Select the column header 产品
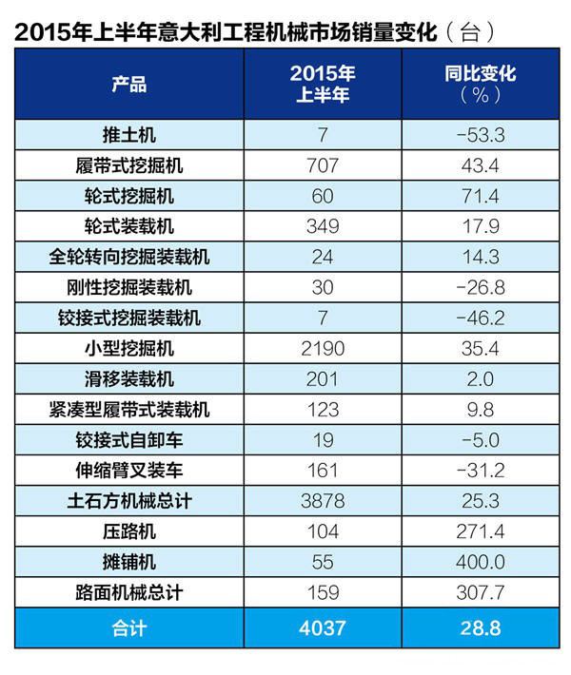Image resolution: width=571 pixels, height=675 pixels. [128, 85]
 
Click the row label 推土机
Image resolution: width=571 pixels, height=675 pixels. [128, 134]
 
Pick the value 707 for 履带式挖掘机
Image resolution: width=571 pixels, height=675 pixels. [324, 165]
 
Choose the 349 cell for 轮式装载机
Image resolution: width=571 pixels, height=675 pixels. [324, 226]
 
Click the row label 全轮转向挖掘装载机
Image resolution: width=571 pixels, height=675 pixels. [128, 258]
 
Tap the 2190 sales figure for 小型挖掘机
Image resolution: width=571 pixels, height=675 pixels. [324, 349]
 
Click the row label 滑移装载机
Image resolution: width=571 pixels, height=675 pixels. [128, 380]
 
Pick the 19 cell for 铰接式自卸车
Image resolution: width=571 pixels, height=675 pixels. [324, 441]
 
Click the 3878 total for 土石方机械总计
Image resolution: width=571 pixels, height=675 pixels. [324, 502]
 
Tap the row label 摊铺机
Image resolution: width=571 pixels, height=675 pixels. [128, 563]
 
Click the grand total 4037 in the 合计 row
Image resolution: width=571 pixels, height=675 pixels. [324, 628]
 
